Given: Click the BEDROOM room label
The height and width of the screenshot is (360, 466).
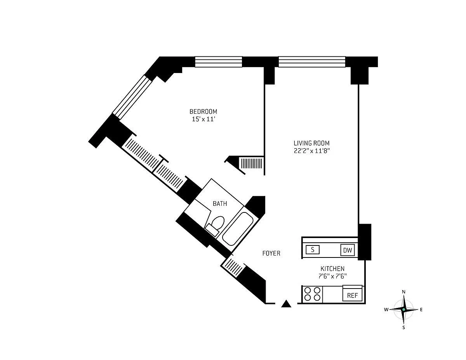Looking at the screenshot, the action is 203,111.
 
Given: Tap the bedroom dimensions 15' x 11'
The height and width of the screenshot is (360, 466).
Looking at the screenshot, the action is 203,119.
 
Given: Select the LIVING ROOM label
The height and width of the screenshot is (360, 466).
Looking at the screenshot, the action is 311,143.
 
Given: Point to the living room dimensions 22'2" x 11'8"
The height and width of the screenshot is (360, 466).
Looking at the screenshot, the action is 311,151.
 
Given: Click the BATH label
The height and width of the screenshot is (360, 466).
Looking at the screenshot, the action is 220,203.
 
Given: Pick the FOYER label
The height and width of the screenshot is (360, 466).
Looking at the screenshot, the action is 271,253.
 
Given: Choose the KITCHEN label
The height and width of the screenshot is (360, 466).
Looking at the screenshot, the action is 332,268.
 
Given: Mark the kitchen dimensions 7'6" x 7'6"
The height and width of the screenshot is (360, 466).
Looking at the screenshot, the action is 332,276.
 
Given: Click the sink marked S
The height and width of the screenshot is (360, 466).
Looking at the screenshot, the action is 313,250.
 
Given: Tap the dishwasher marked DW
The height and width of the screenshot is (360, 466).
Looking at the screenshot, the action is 348,250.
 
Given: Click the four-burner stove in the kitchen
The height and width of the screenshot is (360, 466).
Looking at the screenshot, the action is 313,294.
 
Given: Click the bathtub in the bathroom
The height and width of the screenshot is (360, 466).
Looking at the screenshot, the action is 238,229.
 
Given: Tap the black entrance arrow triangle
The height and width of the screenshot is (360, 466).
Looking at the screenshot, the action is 286,304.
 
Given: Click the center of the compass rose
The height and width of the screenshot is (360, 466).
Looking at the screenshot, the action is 403,310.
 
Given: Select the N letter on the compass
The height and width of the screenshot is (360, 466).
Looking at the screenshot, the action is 403,292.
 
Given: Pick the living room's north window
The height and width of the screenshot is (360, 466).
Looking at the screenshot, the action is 312,62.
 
